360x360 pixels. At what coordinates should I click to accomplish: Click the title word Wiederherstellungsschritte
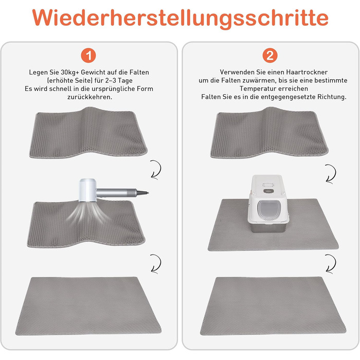180,18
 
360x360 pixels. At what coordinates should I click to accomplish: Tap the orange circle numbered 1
88,56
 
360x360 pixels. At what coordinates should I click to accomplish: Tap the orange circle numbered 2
270,56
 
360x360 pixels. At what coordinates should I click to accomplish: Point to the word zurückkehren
90,97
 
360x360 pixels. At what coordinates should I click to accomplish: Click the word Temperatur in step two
257,88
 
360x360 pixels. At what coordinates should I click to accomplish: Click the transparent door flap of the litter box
269,209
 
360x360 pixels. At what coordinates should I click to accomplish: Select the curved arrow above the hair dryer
156,169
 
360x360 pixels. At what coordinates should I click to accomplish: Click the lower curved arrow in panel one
156,263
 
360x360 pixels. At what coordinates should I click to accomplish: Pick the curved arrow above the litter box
331,174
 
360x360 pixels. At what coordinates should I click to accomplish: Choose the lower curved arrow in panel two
331,263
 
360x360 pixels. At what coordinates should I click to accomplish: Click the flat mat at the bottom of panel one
88,306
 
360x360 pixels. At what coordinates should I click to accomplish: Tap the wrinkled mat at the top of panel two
269,133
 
